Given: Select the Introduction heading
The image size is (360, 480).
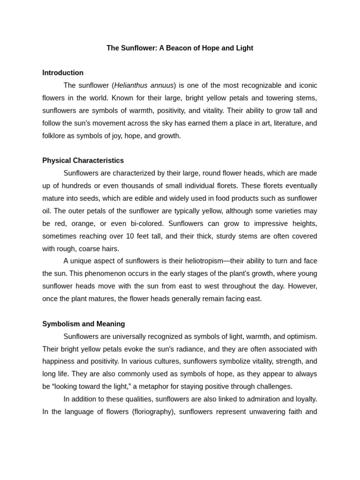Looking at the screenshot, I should [x=63, y=73].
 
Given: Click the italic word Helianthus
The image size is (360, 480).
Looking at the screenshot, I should [x=131, y=85].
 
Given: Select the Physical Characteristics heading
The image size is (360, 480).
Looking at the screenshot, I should [x=83, y=161].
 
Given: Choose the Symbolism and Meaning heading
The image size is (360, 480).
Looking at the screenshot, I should [x=83, y=324].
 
